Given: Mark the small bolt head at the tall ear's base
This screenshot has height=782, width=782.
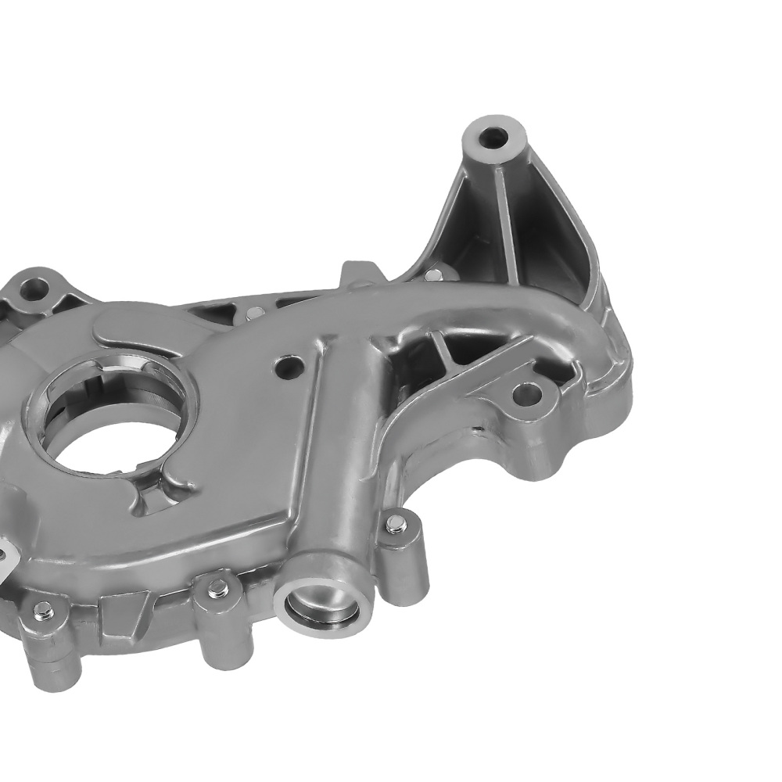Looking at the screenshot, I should [432, 274].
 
